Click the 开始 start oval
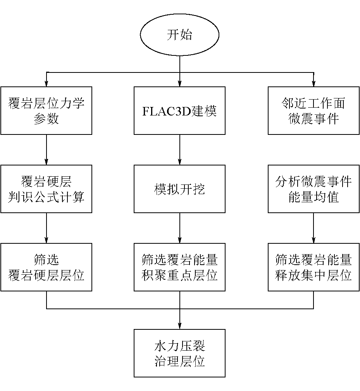pos(179,35)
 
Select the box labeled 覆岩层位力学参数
pos(46,110)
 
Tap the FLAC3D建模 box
pos(179,110)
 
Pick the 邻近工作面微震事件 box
pos(313,110)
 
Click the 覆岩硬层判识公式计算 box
pos(46,189)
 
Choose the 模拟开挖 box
pos(179,189)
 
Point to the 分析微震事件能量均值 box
pos(313,189)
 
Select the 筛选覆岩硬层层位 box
pos(46,267)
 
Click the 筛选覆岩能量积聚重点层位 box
pos(179,267)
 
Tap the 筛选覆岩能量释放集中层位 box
pos(313,267)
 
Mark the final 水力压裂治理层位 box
pos(179,353)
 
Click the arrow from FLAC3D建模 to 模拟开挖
pos(180,150)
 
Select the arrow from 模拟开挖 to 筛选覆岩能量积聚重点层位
pos(180,228)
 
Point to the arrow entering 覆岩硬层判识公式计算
pos(47,150)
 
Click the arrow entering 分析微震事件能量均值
pos(313,150)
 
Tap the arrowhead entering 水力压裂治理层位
pos(180,326)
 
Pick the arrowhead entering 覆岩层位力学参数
pos(47,83)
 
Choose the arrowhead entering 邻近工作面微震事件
pos(313,83)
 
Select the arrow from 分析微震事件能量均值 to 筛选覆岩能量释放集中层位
pos(313,228)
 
